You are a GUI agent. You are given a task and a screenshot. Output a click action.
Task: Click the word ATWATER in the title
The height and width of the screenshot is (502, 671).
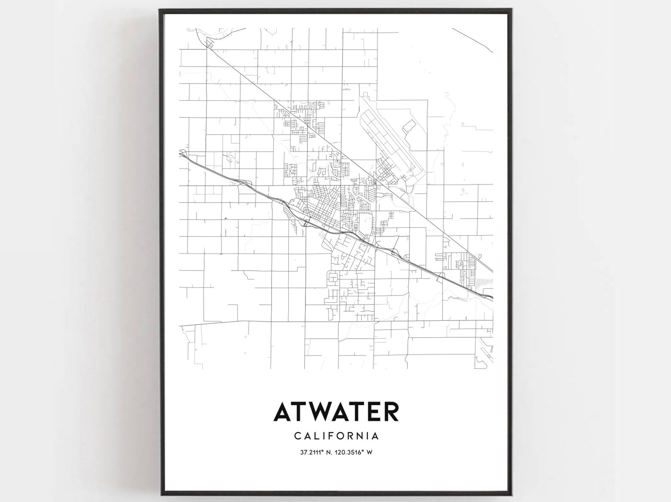(336, 412)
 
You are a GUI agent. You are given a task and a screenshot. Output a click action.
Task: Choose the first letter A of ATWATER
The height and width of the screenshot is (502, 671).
(283, 412)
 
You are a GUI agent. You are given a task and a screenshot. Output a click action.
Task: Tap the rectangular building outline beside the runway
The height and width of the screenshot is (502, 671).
(409, 126)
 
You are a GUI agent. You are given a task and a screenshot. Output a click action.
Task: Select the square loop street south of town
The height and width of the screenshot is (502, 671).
(333, 278)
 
